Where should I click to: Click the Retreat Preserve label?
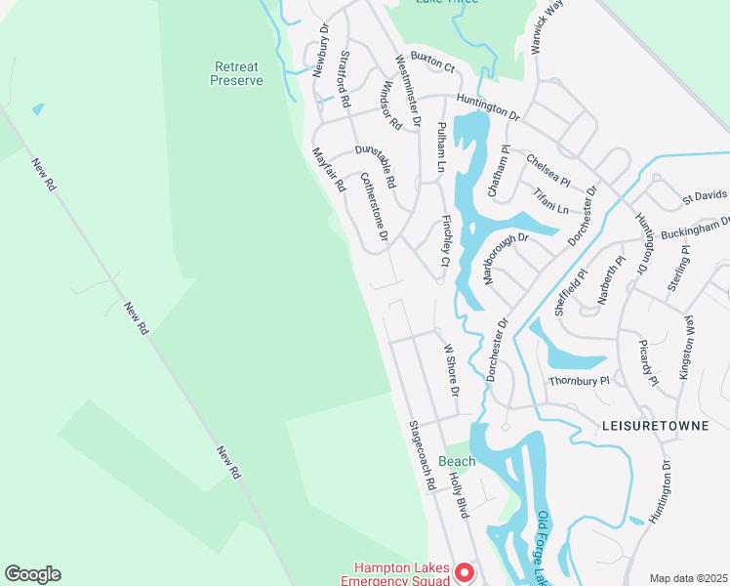pos(236,74)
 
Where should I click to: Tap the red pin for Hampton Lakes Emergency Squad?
pos(465,573)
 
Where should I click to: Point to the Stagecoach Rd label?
pos(422,455)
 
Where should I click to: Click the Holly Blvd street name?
pos(459,494)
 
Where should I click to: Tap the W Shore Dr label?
pos(451,369)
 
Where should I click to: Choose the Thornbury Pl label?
pos(579,381)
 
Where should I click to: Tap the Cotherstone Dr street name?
pos(375,207)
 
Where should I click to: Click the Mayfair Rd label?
pos(329,169)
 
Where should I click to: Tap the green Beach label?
pos(457,461)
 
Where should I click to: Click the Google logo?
pos(32,574)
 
